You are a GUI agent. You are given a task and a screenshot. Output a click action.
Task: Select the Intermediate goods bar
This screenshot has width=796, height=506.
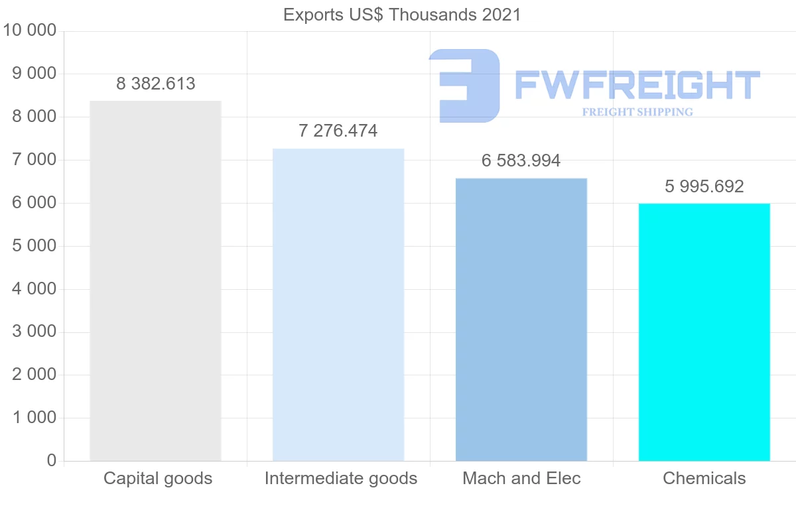pos(338,304)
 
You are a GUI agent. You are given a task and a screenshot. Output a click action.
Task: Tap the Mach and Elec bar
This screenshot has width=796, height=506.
pos(521,319)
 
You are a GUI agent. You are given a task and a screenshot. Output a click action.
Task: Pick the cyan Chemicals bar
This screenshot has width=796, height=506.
pos(704,332)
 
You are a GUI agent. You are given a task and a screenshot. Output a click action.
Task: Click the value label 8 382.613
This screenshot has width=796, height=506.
pos(156,84)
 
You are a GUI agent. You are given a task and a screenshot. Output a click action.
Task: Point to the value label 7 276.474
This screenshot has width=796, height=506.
pos(338,131)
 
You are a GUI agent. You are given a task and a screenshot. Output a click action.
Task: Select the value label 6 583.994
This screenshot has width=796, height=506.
pos(521,160)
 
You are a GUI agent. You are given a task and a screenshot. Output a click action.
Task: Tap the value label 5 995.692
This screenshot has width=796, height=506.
pos(704,186)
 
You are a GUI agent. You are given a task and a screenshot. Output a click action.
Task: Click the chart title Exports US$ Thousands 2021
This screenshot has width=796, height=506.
pos(402,15)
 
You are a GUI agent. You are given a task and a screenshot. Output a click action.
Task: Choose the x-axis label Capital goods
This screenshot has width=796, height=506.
pos(158,478)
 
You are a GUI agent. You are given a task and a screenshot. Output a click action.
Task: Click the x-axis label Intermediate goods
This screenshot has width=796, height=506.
pos(341,478)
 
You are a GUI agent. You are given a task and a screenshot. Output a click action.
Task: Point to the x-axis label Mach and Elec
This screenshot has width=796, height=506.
pos(521,478)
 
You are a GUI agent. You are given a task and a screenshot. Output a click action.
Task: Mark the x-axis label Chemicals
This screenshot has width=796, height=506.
pos(704,478)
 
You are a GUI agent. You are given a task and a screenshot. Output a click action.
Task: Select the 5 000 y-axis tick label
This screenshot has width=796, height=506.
pos(34,246)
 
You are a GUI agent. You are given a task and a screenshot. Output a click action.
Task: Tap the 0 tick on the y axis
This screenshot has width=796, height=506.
pos(52,461)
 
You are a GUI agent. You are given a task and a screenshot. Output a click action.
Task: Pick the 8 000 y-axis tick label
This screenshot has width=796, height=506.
pos(34,117)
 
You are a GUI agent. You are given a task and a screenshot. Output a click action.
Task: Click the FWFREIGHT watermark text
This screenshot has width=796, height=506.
pos(637,86)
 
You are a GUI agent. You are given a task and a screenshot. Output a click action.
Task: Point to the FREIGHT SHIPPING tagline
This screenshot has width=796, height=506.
pos(637,112)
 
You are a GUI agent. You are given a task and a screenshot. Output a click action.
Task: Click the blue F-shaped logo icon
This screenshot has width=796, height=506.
pos(464,85)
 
